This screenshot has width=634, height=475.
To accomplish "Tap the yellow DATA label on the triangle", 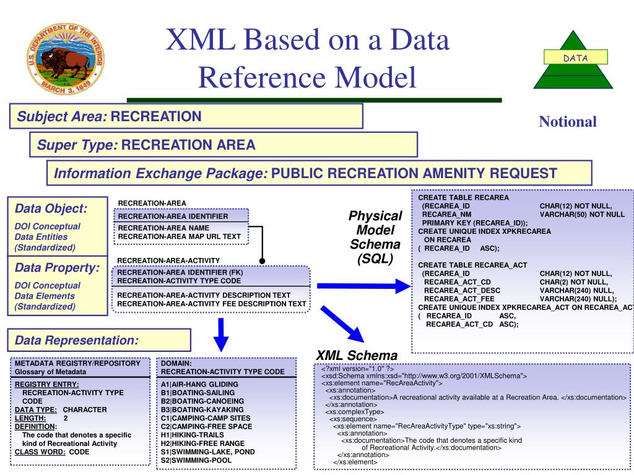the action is pos(575,58).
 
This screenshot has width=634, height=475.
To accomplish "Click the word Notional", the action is pos(567,122).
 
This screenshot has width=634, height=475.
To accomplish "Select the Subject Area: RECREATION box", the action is pos(186,116).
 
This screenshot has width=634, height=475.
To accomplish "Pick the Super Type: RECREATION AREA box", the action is pos(223,145).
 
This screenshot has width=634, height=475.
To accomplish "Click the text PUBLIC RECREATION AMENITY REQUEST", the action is pos(414,173).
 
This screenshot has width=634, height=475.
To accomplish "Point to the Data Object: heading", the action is pos(51,208).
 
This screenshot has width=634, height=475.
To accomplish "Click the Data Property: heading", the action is pos(57,268).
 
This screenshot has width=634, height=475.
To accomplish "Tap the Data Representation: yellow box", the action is pos(99,340).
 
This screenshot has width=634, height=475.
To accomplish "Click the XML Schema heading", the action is pos(357,356).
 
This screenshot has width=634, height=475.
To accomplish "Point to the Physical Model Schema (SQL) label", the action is pos(375,237).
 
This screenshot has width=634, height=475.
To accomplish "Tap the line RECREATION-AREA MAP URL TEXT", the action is pos(180,236).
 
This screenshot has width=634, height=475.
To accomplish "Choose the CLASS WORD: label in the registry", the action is pos(40,452).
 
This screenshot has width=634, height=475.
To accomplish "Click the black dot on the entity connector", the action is pos(262,261).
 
